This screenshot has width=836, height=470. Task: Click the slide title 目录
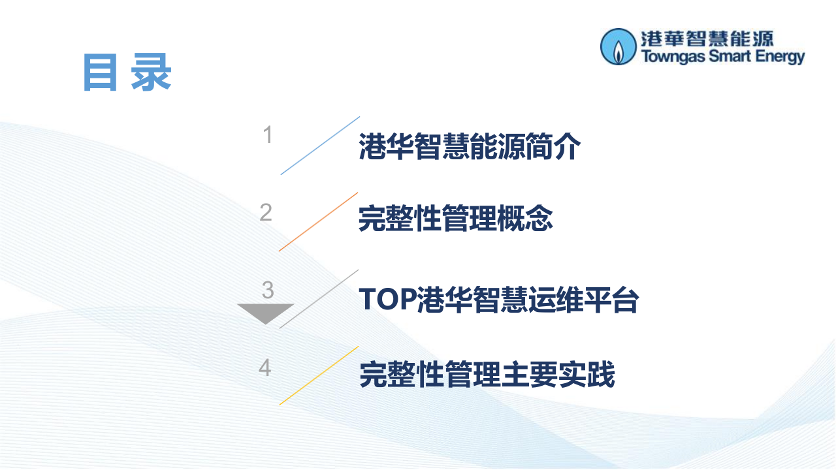click(x=127, y=72)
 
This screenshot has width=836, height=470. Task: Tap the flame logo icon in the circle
click(x=617, y=46)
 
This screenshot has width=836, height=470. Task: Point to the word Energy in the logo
click(x=780, y=57)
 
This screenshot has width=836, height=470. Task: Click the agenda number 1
click(x=267, y=135)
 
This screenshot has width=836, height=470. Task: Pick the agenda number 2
click(x=265, y=212)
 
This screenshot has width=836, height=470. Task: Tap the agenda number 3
click(x=267, y=290)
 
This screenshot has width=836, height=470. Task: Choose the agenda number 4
click(x=265, y=368)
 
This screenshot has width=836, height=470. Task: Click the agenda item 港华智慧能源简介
click(x=470, y=147)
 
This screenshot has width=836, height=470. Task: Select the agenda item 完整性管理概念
click(x=455, y=219)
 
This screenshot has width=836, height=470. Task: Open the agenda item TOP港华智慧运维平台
click(x=498, y=300)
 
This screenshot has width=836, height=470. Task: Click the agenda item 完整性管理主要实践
click(x=487, y=375)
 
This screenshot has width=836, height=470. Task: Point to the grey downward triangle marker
click(x=265, y=312)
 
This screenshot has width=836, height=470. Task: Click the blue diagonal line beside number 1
click(x=320, y=146)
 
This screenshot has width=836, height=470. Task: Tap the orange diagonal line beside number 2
click(x=318, y=222)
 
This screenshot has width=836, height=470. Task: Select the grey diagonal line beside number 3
click(x=319, y=298)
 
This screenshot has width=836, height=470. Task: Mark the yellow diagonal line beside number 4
click(x=319, y=375)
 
